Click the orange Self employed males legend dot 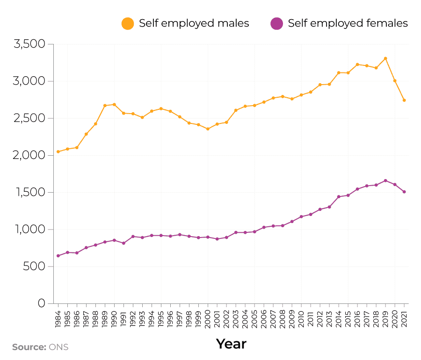128,23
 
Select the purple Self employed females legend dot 277,23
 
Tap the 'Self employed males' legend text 194,23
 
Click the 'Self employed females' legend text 348,23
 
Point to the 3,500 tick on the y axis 29,44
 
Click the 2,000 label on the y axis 29,155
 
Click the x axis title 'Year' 231,344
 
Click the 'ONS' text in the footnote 58,347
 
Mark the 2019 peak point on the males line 385,58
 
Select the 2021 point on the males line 404,100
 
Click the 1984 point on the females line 58,256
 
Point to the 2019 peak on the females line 385,180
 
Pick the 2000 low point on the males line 208,129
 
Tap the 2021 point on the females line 404,192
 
